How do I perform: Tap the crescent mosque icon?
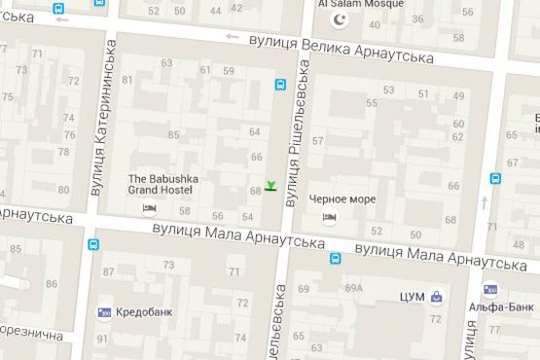340,19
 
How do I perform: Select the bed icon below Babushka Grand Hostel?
150,209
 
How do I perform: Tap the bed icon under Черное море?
330,217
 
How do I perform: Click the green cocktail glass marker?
270,186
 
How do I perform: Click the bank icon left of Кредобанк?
103,312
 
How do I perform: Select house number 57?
317,141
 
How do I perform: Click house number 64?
256,131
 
